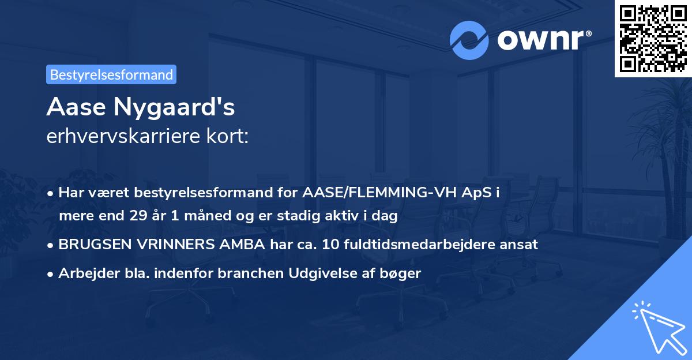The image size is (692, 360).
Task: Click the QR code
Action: pyautogui.click(x=653, y=38)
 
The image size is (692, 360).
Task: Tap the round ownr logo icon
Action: pyautogui.click(x=469, y=40)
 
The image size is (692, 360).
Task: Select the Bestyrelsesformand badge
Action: pyautogui.click(x=111, y=74)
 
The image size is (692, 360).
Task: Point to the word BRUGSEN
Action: pyautogui.click(x=87, y=244)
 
